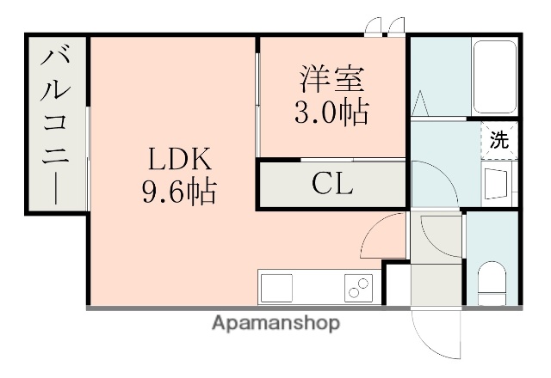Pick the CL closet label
(333, 183)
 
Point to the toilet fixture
(493, 280)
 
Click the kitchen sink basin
(277, 286)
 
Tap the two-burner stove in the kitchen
(358, 286)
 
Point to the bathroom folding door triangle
(422, 104)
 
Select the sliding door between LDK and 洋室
(258, 103)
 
